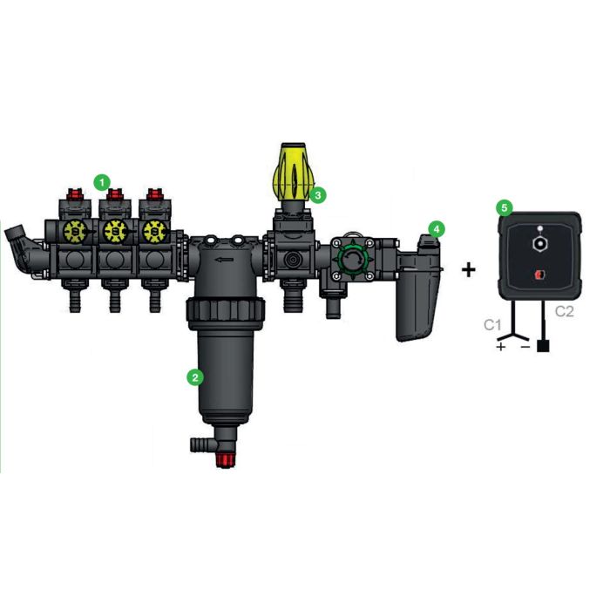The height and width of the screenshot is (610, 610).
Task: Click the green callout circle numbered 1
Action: (x=103, y=181)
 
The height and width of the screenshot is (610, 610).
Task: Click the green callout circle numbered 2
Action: (x=196, y=377)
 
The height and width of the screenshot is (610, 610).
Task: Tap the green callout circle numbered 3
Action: (x=319, y=194)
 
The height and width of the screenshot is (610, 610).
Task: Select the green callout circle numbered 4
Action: (x=437, y=228)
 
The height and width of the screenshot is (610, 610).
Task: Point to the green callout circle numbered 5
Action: (x=503, y=208)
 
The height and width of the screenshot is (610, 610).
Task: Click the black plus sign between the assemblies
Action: (x=469, y=270)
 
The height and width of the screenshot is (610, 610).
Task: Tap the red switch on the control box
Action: (x=541, y=275)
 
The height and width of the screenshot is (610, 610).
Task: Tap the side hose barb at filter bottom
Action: (x=199, y=445)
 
